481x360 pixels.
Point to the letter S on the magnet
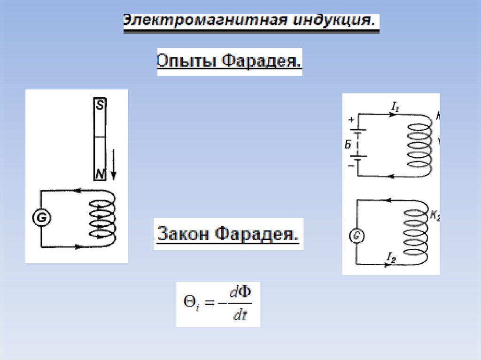[99, 106]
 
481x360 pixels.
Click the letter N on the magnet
[100, 175]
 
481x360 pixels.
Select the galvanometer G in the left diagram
[41, 218]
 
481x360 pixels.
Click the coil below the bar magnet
[102, 218]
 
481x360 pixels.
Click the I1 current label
[395, 107]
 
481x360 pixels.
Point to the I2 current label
[391, 256]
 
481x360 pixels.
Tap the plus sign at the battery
[350, 120]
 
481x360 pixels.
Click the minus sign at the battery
[349, 166]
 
